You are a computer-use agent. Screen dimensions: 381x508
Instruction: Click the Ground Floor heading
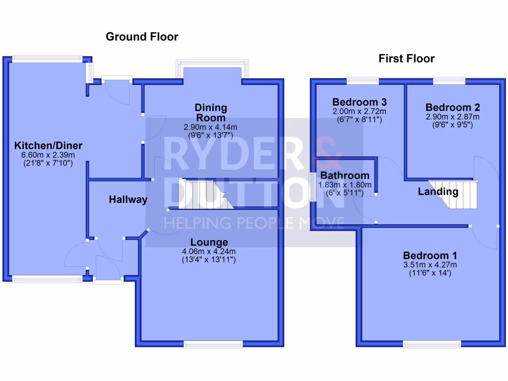point(142,37)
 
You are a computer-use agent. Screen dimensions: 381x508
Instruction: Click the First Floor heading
point(406,59)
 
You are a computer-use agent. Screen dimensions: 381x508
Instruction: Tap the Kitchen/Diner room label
point(48,145)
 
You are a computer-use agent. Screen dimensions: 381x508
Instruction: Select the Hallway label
point(128,199)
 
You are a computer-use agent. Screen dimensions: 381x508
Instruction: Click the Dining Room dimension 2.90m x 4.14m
point(211,127)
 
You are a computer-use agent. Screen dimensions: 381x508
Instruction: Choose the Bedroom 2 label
point(452,107)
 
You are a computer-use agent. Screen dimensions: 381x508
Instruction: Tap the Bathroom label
point(344,175)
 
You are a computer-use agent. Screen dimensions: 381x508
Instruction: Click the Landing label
point(438,191)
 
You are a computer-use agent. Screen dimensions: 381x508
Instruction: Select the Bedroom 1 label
point(430,255)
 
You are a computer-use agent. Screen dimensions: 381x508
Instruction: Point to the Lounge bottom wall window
point(213,343)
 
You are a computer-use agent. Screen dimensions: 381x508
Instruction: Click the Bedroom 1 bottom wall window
point(431,343)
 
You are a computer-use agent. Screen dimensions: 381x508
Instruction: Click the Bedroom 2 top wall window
point(449,80)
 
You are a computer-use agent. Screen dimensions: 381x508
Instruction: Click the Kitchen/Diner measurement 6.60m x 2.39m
point(48,154)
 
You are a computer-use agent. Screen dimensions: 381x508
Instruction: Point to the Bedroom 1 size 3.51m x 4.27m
point(430,264)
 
